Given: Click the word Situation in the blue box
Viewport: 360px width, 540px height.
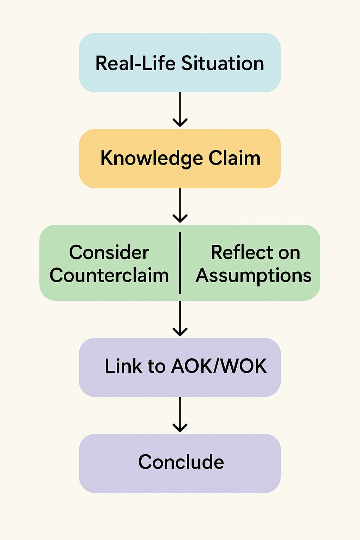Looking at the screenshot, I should (x=222, y=64).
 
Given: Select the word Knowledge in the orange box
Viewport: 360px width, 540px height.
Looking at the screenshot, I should (x=152, y=159).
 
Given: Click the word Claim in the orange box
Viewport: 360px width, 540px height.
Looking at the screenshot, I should (x=234, y=158).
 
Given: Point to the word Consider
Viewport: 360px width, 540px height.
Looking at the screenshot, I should (x=109, y=252).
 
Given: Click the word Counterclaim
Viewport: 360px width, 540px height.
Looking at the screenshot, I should (x=109, y=275).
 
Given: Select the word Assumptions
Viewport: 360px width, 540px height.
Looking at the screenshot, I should (x=253, y=276).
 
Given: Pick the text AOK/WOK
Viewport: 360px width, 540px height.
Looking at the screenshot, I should (x=219, y=366).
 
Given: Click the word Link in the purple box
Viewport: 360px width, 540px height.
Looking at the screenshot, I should (x=123, y=366).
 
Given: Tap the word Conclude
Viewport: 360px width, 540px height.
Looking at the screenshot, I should (x=181, y=462).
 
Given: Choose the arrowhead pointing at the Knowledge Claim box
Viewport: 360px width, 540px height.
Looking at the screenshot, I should (x=180, y=123).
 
